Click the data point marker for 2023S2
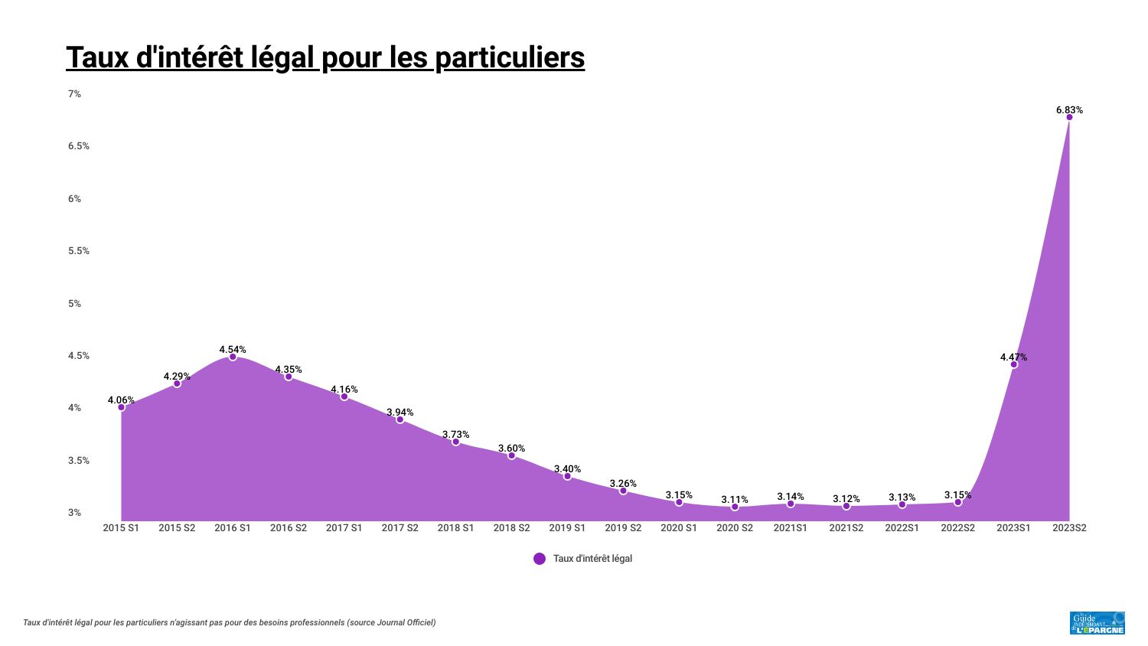tap(1069, 117)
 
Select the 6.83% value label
tap(1069, 110)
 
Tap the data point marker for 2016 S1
tap(233, 357)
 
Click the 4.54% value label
tap(233, 350)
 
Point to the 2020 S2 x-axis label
tap(735, 528)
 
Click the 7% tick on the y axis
tap(74, 94)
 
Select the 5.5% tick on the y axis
tap(78, 251)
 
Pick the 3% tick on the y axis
tap(74, 513)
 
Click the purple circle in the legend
tap(540, 559)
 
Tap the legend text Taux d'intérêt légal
tap(592, 559)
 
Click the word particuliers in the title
tap(510, 57)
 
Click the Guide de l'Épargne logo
tap(1097, 623)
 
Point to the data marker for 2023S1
tap(1014, 364)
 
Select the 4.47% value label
tap(1014, 357)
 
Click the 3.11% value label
tap(735, 500)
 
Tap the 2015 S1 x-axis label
tap(121, 528)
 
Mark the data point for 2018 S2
tap(511, 455)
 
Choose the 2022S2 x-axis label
tap(958, 528)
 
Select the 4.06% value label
tap(121, 400)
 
